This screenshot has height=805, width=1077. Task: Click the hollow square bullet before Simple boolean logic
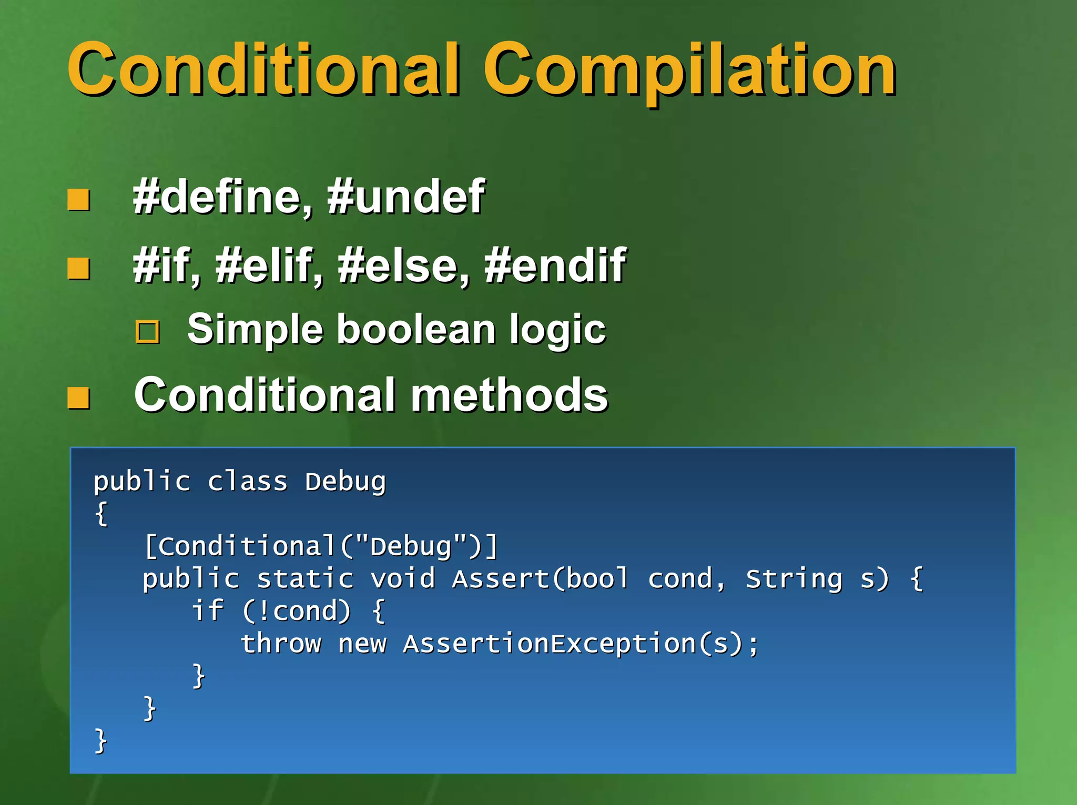point(148,332)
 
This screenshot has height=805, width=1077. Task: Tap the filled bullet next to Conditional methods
point(79,398)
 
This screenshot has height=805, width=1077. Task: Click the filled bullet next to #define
point(79,200)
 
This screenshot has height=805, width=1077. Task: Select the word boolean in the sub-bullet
point(415,330)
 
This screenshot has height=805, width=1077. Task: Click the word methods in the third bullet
point(509,395)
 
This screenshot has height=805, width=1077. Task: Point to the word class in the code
point(248,482)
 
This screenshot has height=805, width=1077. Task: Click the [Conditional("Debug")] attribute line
point(321,546)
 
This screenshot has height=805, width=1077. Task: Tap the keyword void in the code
point(403,578)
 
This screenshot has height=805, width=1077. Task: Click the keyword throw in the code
point(281,644)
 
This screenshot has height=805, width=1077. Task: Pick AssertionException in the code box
point(550,644)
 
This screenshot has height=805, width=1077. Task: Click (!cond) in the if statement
point(296,611)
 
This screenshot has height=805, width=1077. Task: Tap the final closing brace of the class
point(100,741)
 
